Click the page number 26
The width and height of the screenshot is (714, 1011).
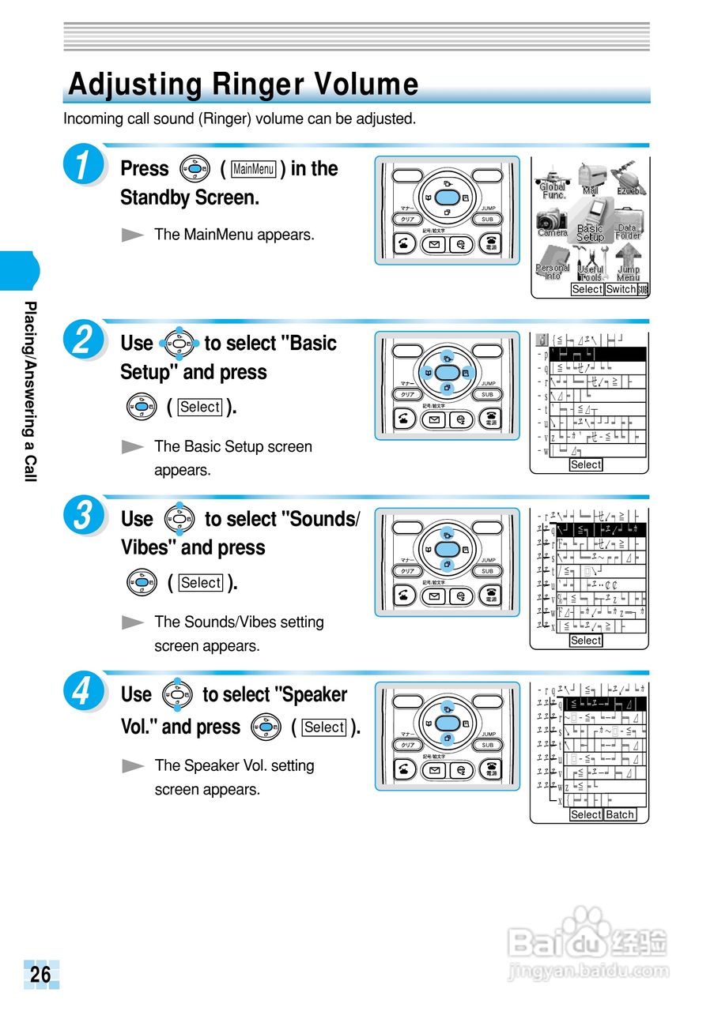(x=40, y=975)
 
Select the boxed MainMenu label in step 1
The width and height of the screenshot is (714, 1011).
(x=254, y=169)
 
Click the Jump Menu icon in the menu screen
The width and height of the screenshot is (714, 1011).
(x=628, y=263)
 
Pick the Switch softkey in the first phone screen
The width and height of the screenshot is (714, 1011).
(x=621, y=289)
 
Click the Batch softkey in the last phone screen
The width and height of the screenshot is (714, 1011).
(x=620, y=814)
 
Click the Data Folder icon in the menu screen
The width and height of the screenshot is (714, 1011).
(x=628, y=223)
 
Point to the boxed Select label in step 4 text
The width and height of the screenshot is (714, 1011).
(x=324, y=727)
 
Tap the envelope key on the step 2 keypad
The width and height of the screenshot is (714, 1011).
(x=434, y=420)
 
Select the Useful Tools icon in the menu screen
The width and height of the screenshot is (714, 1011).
(x=590, y=264)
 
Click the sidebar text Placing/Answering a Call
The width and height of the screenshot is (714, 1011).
(x=29, y=391)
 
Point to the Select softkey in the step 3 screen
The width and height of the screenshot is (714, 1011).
(x=586, y=641)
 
